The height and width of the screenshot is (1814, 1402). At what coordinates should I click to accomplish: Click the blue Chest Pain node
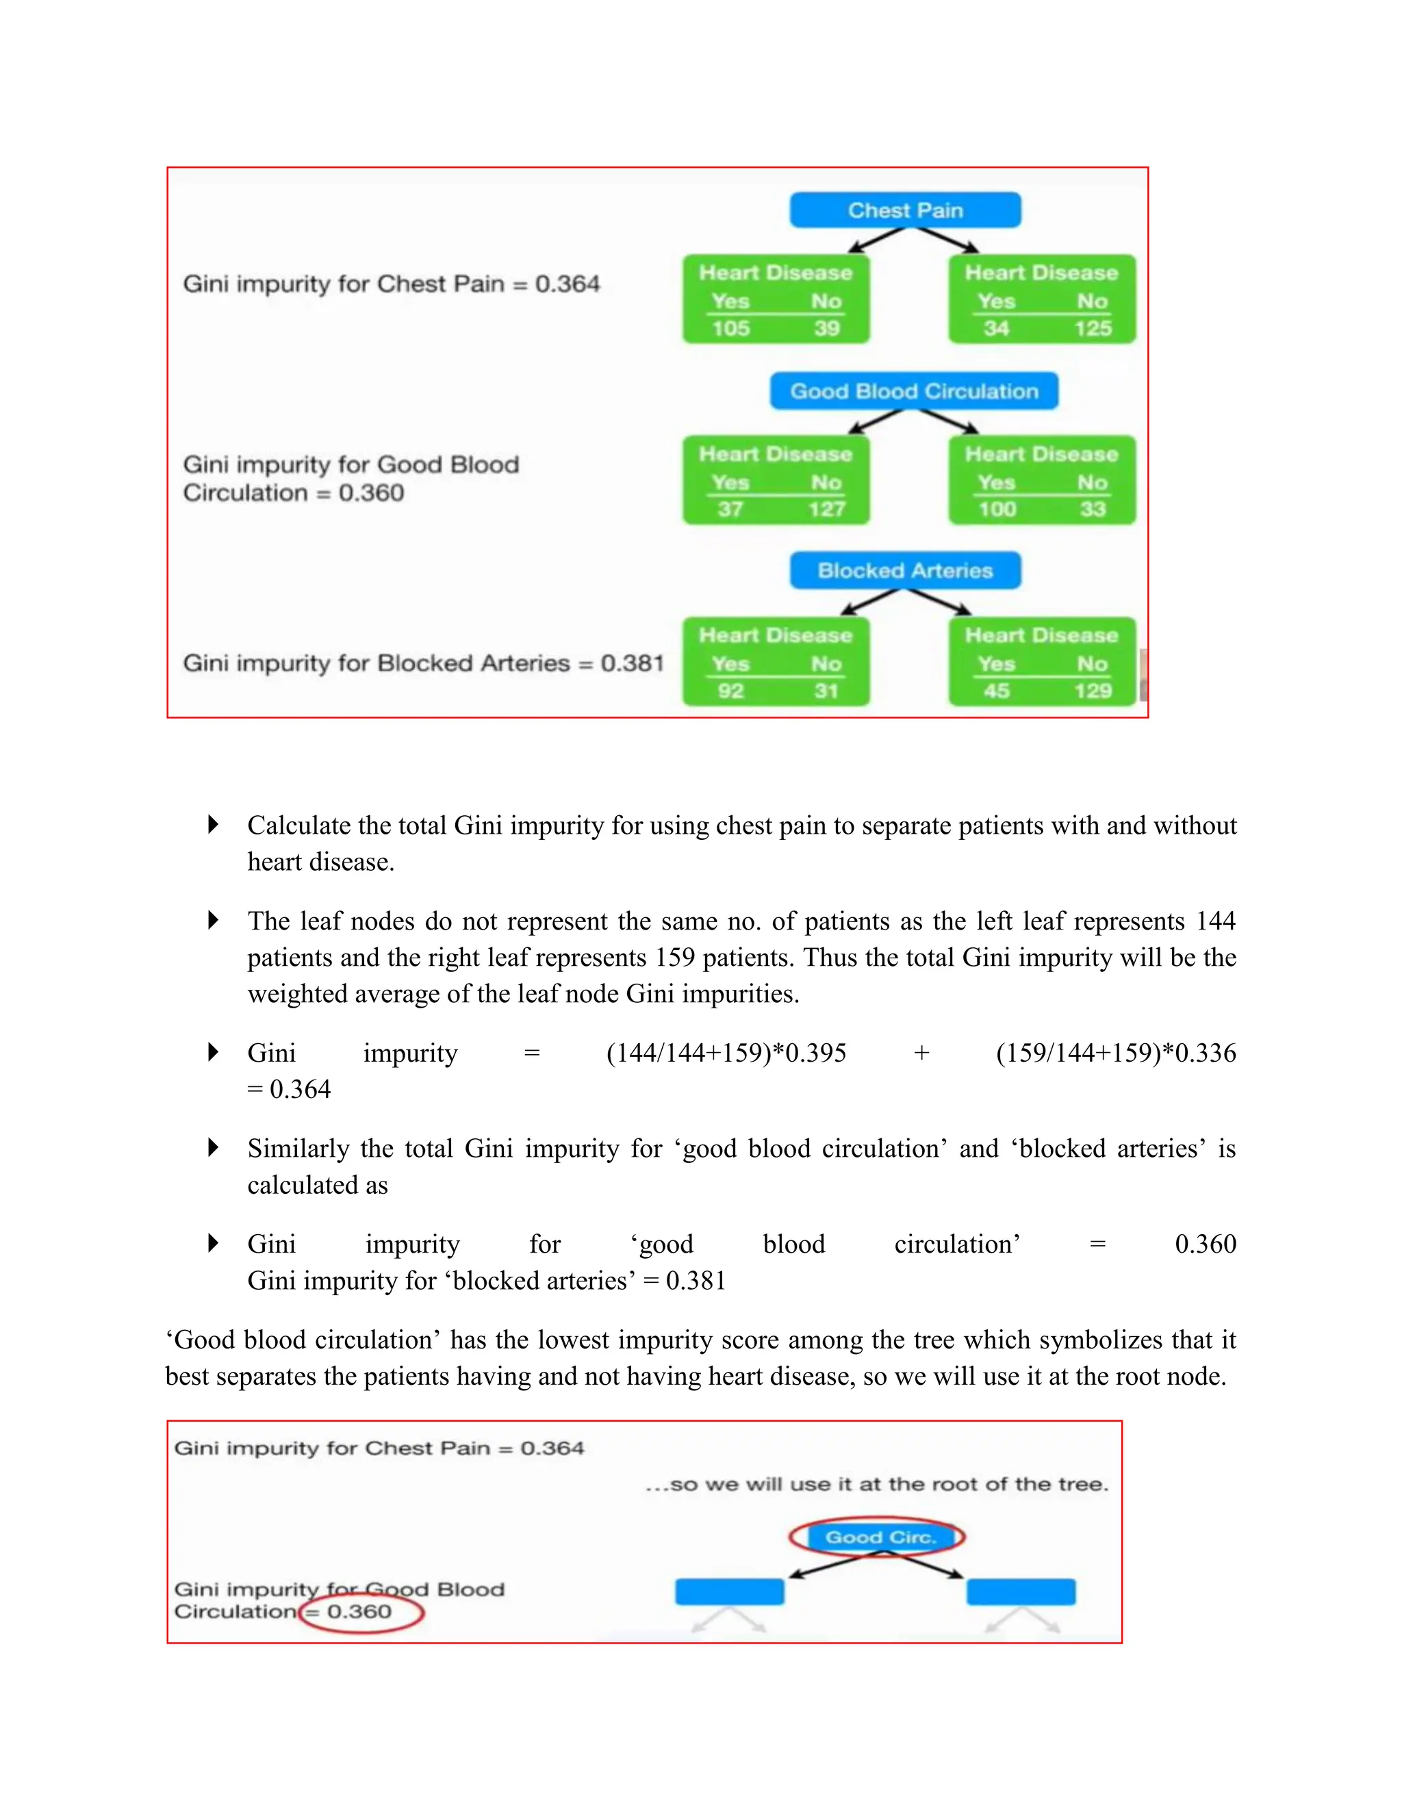coord(904,210)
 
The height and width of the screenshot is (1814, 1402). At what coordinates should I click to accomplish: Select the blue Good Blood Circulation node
coord(914,391)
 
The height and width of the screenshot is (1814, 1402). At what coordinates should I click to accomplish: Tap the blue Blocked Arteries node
coord(904,571)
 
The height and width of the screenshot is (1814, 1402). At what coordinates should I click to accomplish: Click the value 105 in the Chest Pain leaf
coord(730,329)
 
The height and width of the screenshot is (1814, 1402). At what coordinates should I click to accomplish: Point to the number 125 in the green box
coord(1092,329)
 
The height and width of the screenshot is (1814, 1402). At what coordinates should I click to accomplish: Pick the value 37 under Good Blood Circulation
coord(730,509)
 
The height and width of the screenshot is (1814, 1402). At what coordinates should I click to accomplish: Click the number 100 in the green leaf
coord(997,509)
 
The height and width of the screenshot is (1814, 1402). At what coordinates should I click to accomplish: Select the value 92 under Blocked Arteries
coord(730,691)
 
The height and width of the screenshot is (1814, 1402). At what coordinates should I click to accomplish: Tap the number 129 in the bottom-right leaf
coord(1092,691)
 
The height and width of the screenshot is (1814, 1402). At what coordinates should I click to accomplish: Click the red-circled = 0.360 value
coord(359,1612)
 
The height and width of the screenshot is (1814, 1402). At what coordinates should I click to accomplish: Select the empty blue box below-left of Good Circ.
coord(729,1592)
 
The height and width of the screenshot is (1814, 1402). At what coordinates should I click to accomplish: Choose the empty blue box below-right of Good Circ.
coord(1021,1592)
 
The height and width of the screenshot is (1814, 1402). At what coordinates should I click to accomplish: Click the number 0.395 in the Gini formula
coord(815,1053)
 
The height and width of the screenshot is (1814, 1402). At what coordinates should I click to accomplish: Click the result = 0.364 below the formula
coord(289,1089)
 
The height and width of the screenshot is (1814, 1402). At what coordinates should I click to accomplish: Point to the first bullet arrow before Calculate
coord(214,825)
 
